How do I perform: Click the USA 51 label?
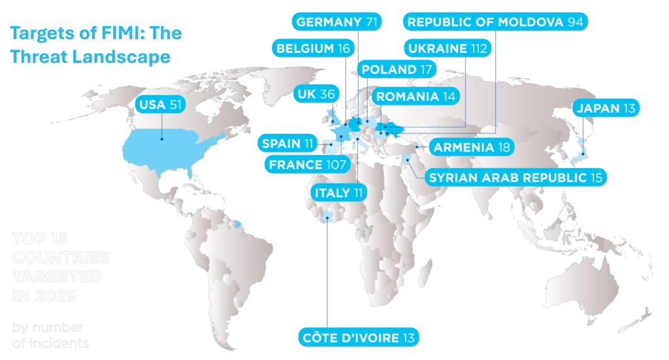coord(161,105)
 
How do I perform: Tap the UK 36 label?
coord(316,94)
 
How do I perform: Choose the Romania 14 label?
coord(416,97)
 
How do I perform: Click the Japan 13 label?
coord(605,108)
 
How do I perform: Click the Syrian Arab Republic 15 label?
coord(516,176)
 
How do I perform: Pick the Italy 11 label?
coord(338,193)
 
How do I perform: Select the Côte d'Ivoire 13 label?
coord(358,337)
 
